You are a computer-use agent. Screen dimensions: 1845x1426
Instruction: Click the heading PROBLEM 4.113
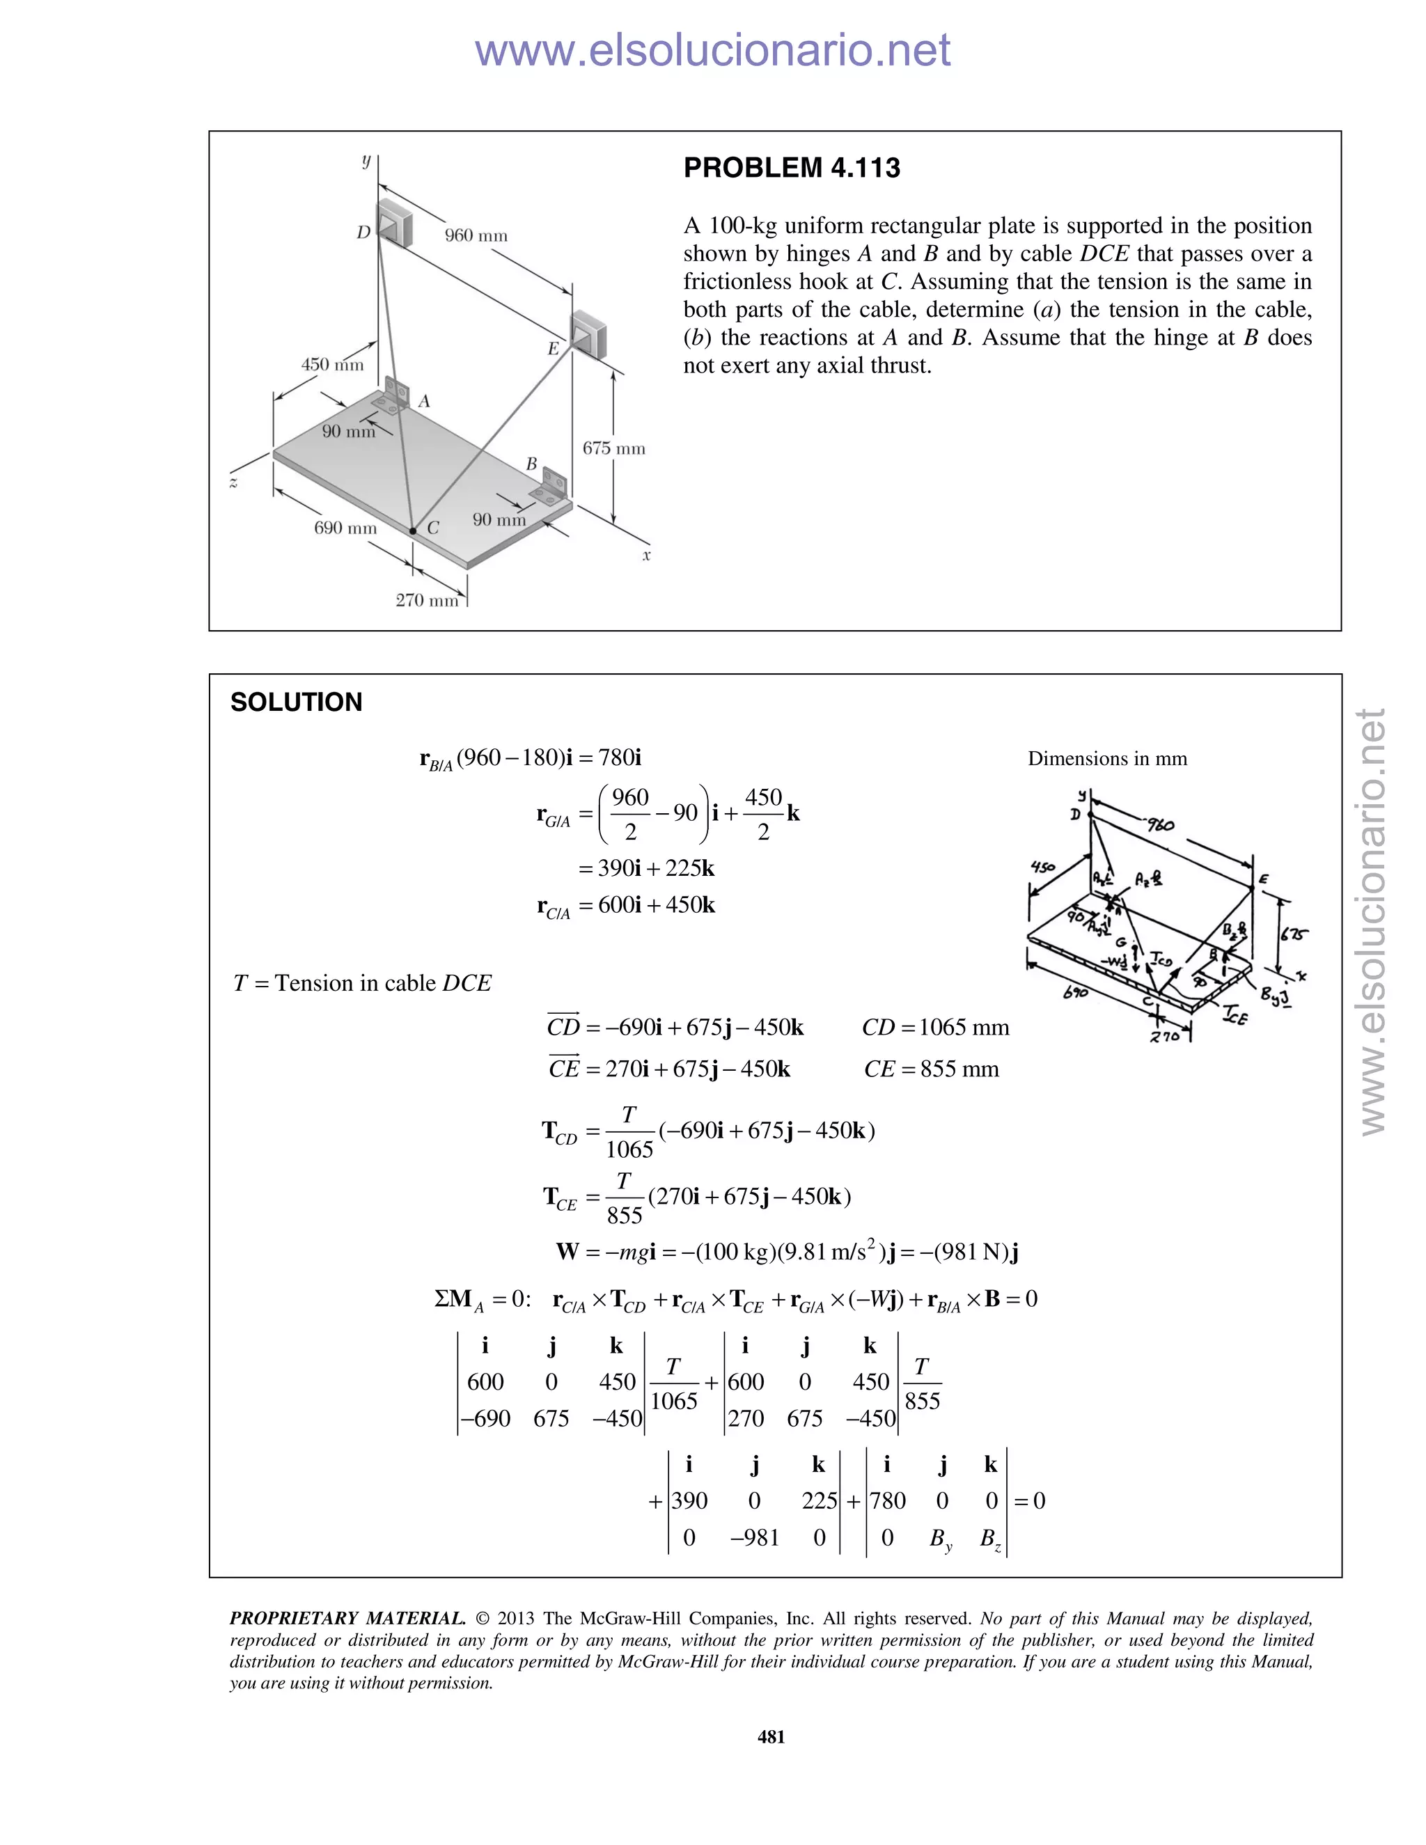click(791, 168)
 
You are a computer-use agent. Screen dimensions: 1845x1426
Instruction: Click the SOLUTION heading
click(296, 702)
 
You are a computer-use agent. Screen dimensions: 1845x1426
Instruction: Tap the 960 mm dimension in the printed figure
click(476, 236)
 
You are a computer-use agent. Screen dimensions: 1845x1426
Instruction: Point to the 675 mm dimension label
click(613, 448)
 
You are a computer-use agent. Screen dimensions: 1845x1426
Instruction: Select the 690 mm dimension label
click(345, 528)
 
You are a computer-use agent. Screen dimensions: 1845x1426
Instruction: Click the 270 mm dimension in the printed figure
click(427, 601)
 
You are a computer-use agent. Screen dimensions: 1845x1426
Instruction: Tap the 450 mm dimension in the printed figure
click(332, 365)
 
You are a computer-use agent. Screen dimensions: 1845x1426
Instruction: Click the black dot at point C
click(412, 531)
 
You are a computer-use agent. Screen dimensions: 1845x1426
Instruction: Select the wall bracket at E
click(586, 332)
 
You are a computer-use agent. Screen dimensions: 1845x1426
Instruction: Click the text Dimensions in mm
click(1106, 759)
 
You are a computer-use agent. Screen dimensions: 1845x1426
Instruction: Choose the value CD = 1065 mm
click(935, 1027)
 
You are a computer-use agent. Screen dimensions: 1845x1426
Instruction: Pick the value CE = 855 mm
click(931, 1069)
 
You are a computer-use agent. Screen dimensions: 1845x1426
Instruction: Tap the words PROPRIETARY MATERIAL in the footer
click(347, 1619)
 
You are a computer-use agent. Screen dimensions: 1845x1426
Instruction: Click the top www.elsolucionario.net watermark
click(712, 51)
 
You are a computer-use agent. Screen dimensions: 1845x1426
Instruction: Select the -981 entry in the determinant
click(754, 1537)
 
